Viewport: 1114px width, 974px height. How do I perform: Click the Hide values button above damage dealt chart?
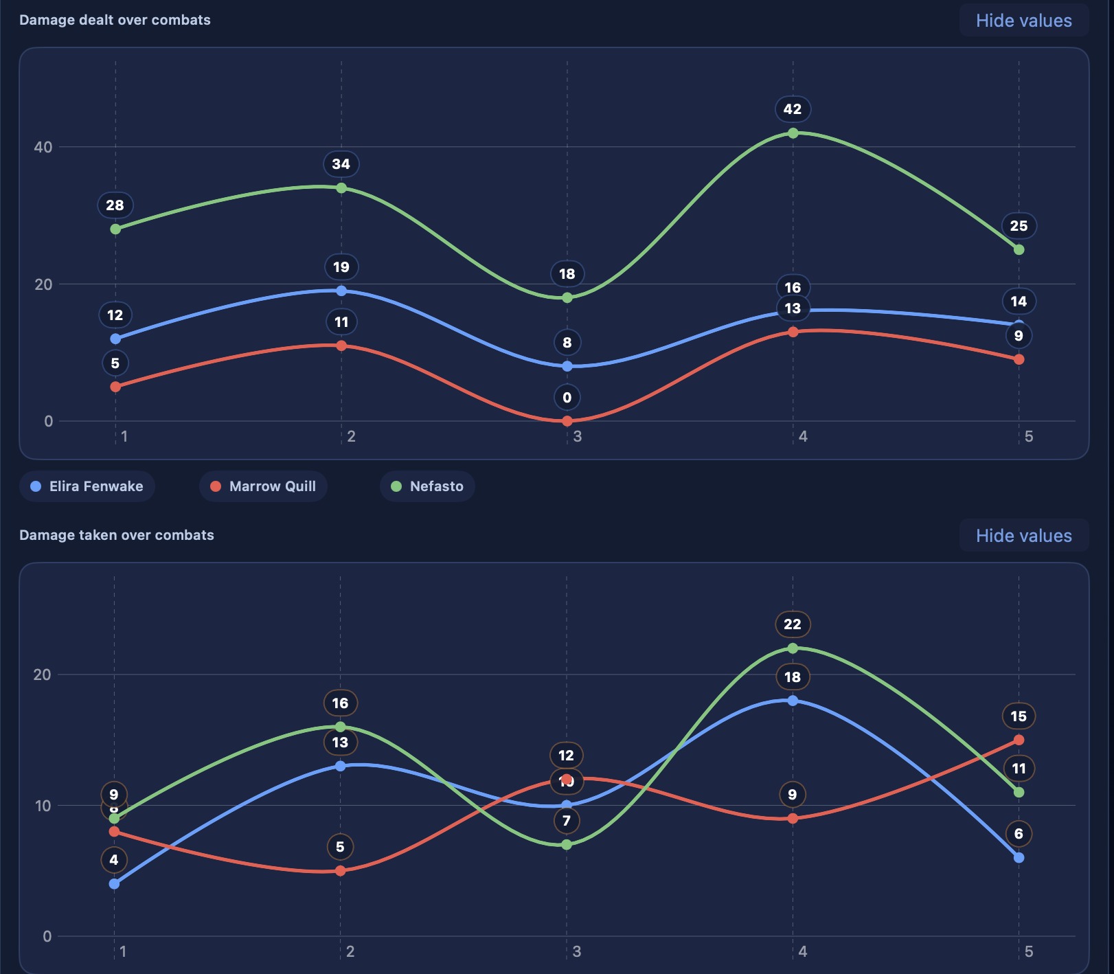tap(1023, 21)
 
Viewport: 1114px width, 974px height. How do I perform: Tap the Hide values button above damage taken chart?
tap(1023, 536)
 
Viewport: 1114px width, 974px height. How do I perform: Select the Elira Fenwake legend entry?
tap(87, 486)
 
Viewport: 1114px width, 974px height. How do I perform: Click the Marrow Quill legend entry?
tap(264, 486)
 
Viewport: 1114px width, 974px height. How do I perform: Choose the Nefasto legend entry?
tap(427, 486)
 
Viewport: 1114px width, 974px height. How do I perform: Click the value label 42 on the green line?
tap(793, 109)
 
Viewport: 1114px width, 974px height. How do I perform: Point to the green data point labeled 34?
tap(341, 188)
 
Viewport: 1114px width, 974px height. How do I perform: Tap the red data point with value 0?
tap(567, 421)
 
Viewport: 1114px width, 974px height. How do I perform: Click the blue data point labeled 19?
tap(341, 291)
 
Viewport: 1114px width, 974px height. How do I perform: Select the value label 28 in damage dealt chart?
tap(115, 205)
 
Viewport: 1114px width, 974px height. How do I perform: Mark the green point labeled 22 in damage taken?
tap(793, 648)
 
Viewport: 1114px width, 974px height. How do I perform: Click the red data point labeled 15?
tap(1019, 740)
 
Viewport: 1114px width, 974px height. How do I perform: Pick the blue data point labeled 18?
tap(793, 701)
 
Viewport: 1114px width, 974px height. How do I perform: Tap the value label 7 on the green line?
tap(567, 821)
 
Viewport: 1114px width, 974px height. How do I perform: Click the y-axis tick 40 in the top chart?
tap(43, 147)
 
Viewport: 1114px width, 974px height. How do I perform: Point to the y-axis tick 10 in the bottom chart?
tap(43, 806)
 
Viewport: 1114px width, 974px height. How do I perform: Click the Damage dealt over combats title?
tap(115, 20)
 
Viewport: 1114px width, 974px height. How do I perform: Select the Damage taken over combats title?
tap(117, 535)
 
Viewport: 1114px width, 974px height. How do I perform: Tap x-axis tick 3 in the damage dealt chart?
tap(577, 436)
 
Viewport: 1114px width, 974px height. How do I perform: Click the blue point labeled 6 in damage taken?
tap(1019, 857)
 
